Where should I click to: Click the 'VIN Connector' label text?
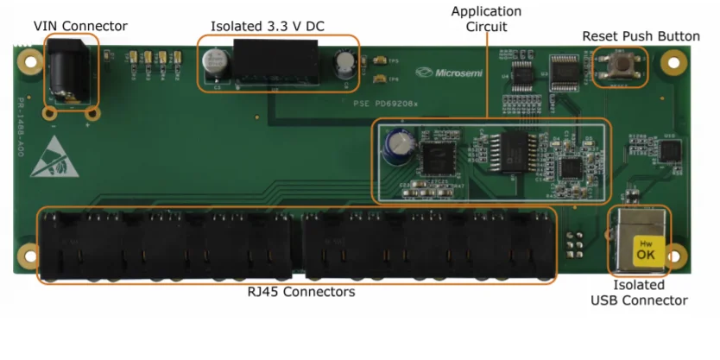click(x=80, y=26)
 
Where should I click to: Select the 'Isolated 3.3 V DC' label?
click(x=268, y=26)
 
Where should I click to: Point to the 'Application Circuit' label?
click(x=486, y=19)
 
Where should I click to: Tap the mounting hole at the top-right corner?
click(x=671, y=63)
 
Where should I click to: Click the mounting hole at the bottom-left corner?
click(x=32, y=256)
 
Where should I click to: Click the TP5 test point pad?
click(x=381, y=61)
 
